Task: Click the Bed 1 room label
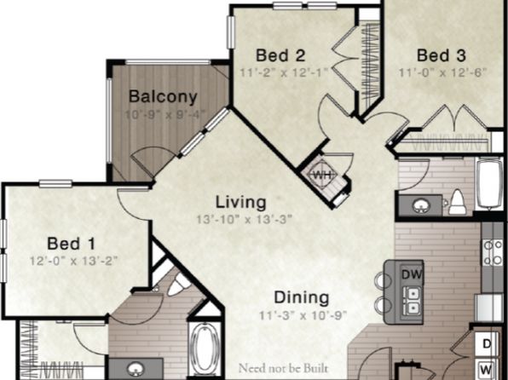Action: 72,244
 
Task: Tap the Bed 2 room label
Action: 280,55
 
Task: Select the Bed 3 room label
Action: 442,55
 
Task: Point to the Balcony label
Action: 163,96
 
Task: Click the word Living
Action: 241,202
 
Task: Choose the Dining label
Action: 302,297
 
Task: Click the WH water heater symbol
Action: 322,176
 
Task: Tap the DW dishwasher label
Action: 412,274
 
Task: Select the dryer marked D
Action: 487,343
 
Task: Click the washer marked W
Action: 487,369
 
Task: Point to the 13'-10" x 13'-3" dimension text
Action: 245,220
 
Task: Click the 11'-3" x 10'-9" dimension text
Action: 303,315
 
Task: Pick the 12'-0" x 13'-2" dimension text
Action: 73,261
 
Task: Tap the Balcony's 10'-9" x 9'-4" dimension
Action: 165,115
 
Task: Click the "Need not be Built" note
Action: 283,369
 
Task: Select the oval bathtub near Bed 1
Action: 204,348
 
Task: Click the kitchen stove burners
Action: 493,252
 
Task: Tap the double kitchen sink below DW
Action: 413,301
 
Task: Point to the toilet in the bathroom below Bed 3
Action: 458,202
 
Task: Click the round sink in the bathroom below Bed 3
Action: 421,205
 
